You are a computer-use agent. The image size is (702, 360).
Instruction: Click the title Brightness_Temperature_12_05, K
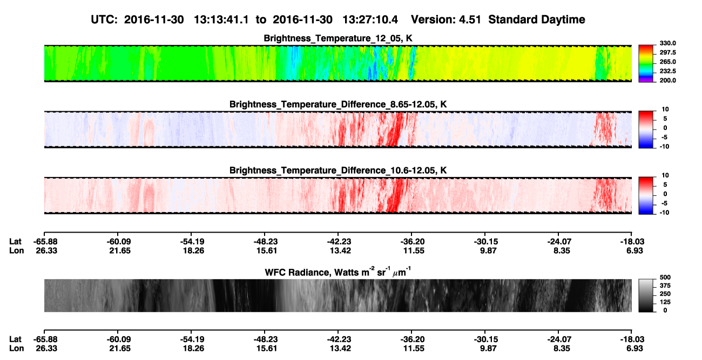(338, 38)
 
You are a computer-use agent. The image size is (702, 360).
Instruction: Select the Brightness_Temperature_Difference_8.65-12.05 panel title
(338, 104)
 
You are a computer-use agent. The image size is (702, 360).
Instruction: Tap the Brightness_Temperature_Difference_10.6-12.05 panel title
(338, 171)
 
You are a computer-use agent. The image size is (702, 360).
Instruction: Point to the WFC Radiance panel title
(338, 272)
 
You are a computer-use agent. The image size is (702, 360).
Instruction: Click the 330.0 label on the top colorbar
(667, 43)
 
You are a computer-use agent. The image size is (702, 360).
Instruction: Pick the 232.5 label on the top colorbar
(667, 71)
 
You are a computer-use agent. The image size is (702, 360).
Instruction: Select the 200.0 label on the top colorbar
(667, 80)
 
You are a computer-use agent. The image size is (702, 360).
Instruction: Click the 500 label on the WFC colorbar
(665, 277)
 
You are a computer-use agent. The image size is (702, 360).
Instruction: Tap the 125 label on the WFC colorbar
(665, 302)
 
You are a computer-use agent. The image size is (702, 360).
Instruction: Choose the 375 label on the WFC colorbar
(665, 286)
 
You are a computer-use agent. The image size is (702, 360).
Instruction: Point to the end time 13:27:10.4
(370, 19)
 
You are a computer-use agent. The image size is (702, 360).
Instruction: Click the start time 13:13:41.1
(221, 19)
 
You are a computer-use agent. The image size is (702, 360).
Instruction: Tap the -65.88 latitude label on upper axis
(46, 242)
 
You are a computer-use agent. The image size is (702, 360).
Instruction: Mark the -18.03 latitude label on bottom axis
(632, 339)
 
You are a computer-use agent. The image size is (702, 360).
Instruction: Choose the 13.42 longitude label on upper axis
(340, 250)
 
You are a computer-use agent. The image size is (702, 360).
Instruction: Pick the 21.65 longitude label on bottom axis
(120, 349)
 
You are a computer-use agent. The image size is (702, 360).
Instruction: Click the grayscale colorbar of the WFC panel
(646, 295)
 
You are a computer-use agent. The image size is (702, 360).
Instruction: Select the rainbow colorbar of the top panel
(646, 64)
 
